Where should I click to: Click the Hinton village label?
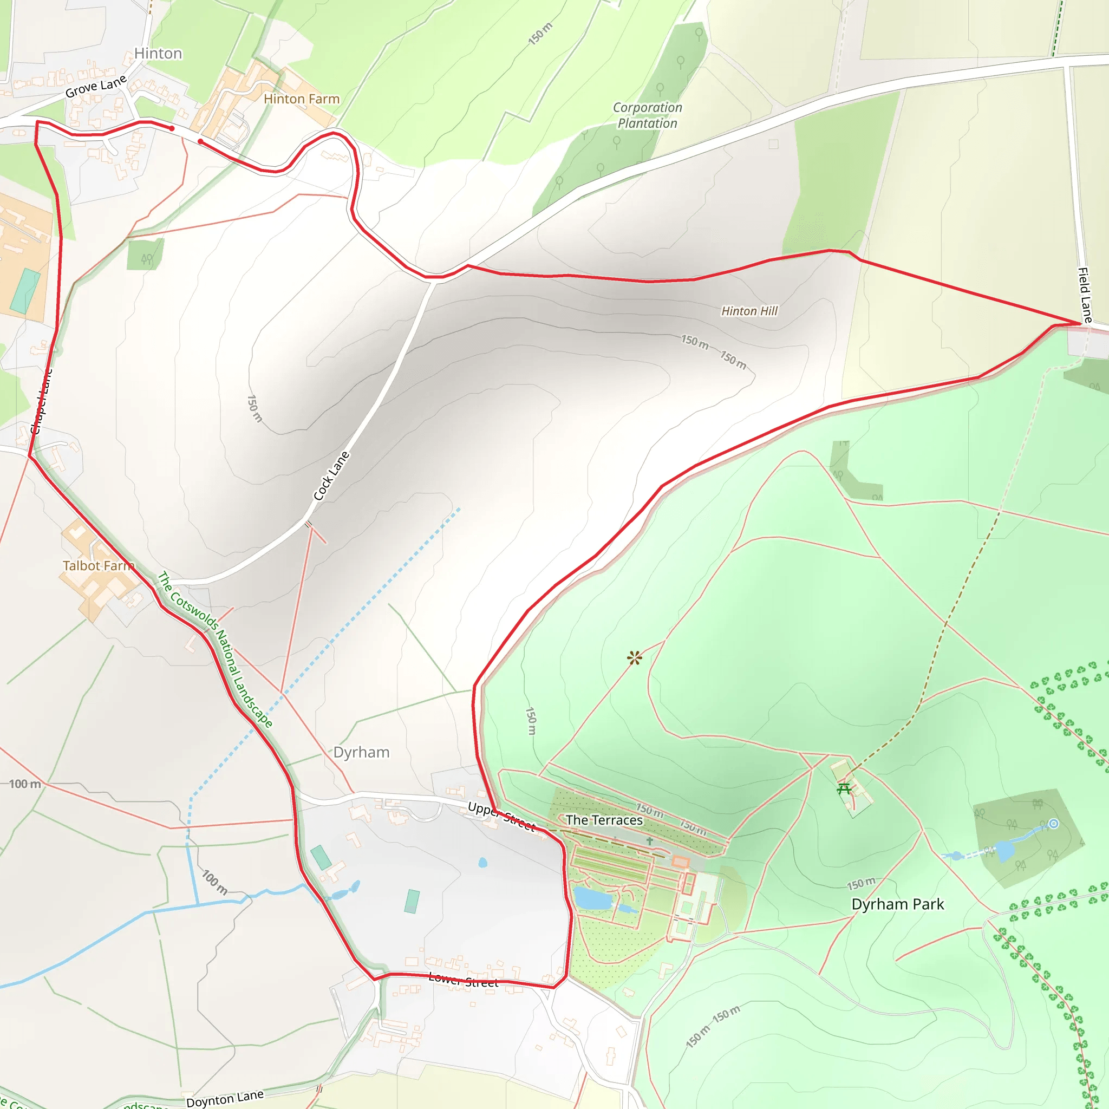click(x=158, y=54)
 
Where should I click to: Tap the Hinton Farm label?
click(x=302, y=99)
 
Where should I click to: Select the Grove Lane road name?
click(x=96, y=87)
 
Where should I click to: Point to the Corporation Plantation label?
click(x=648, y=115)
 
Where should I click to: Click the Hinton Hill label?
click(x=749, y=310)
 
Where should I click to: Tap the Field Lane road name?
click(x=1084, y=295)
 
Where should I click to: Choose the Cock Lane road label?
click(x=331, y=475)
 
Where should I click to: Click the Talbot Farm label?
click(x=98, y=565)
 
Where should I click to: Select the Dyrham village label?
click(x=361, y=752)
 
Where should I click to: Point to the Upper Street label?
click(x=501, y=816)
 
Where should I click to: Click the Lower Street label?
click(x=464, y=980)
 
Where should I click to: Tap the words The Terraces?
click(x=604, y=820)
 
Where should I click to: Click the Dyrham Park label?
click(x=897, y=904)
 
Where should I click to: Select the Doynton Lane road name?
click(x=225, y=1098)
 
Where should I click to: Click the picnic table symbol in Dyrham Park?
click(x=844, y=788)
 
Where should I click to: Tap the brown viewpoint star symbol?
click(x=634, y=658)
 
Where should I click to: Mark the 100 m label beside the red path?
click(x=25, y=784)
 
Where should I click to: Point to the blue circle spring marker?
click(x=1053, y=824)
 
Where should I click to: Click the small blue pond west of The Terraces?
click(x=482, y=862)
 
